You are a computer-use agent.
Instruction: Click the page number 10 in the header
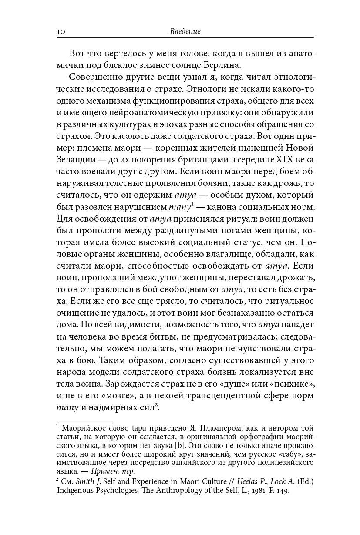(61, 32)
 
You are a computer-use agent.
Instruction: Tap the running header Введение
(185, 32)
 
